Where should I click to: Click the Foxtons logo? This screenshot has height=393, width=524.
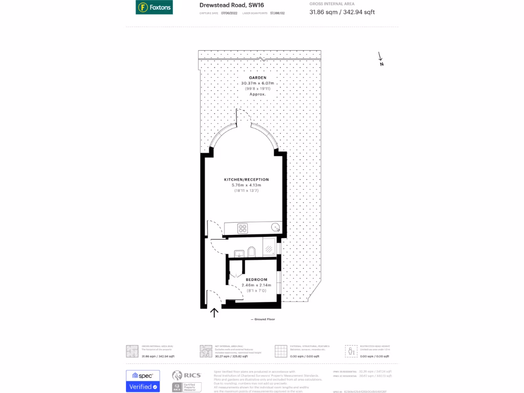(154, 8)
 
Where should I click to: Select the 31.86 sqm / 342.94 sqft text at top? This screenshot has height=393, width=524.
(342, 12)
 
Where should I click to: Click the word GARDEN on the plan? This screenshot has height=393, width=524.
(258, 78)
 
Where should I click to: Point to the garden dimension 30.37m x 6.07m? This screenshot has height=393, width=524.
(258, 83)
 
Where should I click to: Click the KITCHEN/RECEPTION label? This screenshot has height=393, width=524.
(246, 180)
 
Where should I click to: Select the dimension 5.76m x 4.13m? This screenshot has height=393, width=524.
(246, 185)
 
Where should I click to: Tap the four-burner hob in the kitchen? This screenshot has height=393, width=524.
(243, 228)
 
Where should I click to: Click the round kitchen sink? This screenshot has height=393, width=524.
(275, 227)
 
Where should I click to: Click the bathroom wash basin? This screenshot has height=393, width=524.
(238, 252)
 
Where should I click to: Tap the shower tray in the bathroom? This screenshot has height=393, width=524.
(269, 247)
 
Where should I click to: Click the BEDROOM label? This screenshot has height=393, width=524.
(256, 279)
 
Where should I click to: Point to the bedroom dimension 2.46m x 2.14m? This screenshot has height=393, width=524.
(256, 285)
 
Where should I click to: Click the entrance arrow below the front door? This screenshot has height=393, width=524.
(214, 312)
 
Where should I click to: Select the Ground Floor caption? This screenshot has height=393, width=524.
(263, 319)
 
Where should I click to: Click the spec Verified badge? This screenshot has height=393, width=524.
(143, 381)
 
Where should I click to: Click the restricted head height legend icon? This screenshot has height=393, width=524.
(351, 351)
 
